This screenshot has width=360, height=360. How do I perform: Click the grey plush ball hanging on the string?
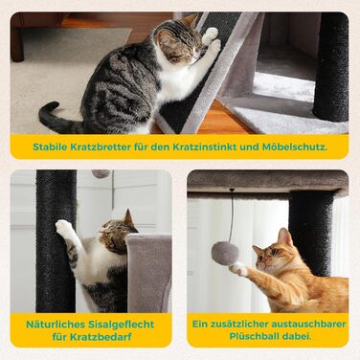[x=225, y=254]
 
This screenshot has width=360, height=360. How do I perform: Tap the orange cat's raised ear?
[x=284, y=236]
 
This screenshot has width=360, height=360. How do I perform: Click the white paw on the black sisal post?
[x=63, y=227]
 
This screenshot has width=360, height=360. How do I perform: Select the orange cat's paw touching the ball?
[x=238, y=269]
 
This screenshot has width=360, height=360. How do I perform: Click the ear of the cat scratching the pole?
[x=129, y=217]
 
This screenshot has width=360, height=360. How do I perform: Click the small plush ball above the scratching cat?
[x=101, y=173]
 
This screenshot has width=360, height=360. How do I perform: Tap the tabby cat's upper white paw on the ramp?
[x=211, y=34]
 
